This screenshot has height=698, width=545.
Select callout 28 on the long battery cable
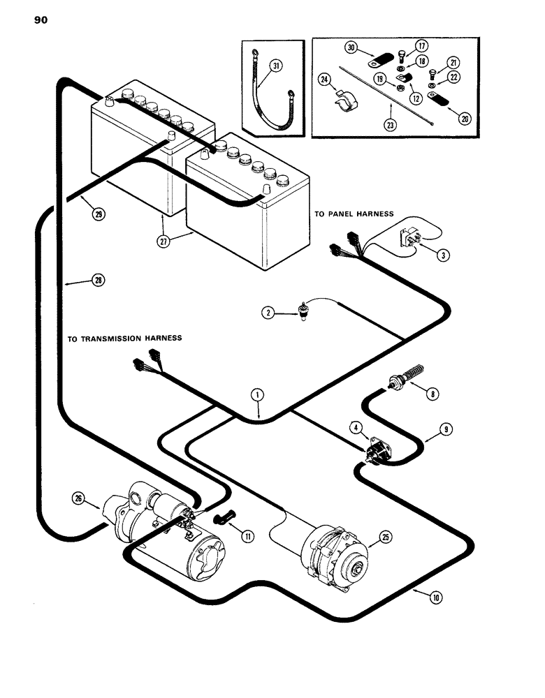point(95,281)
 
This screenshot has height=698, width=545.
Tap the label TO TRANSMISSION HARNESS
point(124,338)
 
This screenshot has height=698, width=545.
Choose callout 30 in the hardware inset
point(351,47)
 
